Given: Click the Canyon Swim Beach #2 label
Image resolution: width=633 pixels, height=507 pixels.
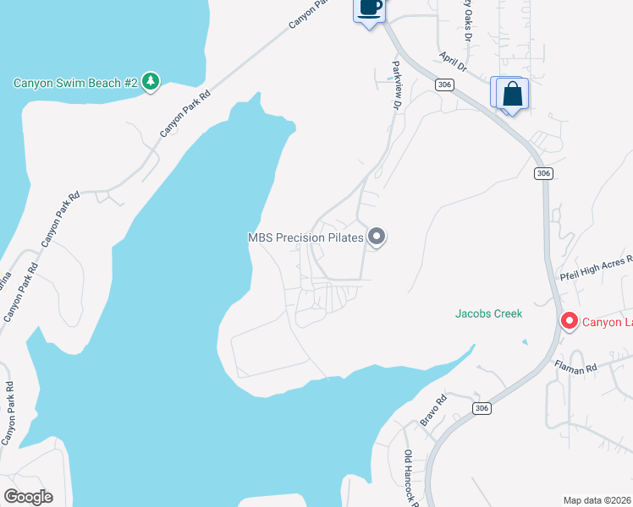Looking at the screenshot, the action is (x=75, y=83).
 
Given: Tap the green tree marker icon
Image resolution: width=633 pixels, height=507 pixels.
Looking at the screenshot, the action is (x=151, y=81).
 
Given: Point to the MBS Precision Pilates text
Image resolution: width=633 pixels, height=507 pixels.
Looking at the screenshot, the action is (x=305, y=237).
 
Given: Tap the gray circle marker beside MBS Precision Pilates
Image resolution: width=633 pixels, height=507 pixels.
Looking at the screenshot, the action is (x=377, y=237).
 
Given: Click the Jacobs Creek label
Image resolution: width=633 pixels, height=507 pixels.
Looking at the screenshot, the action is (x=489, y=313).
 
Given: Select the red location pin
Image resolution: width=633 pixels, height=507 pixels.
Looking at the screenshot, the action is (x=569, y=321).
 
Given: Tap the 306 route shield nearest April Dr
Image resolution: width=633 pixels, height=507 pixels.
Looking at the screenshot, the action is (x=443, y=84).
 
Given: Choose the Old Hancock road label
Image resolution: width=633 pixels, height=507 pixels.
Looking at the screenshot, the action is (x=410, y=478).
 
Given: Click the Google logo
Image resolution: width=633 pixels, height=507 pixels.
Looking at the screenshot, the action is (x=28, y=497).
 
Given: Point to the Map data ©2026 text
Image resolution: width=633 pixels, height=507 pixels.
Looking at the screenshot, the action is (x=597, y=500).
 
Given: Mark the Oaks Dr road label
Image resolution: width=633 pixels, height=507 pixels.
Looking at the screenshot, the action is (x=466, y=21).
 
